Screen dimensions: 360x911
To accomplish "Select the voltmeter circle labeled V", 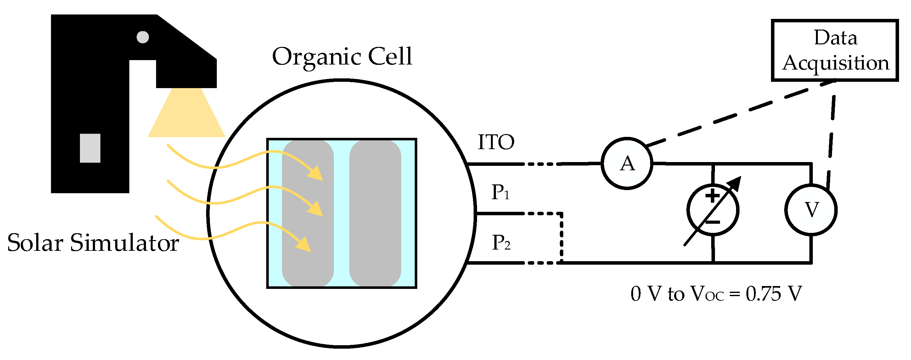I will click(x=811, y=210).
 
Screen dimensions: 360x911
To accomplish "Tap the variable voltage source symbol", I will click(x=713, y=210).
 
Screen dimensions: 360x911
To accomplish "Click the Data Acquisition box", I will click(x=835, y=51).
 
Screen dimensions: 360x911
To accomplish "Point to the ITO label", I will click(x=496, y=142).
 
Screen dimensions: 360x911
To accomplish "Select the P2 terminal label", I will click(x=501, y=243).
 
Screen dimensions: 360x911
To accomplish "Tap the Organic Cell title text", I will click(x=342, y=57).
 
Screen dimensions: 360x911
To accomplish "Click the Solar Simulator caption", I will click(x=93, y=243).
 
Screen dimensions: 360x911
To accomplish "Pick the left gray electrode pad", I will click(x=308, y=213).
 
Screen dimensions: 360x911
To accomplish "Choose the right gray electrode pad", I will click(x=375, y=213).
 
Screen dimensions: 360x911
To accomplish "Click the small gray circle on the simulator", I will click(x=143, y=37).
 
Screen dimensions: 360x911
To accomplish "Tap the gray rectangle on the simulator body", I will click(x=90, y=148).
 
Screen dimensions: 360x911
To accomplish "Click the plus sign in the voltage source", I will click(x=713, y=195).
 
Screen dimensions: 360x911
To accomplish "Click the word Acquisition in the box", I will click(x=835, y=63).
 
